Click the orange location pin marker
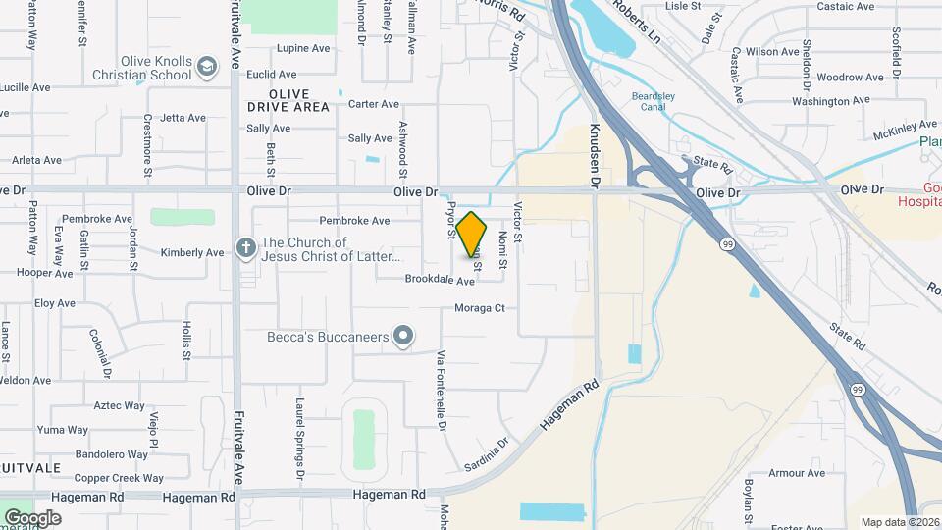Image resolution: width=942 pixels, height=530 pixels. click(x=472, y=234)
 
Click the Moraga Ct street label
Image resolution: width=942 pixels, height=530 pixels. click(x=479, y=308)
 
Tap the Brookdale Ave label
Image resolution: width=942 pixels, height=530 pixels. click(x=440, y=281)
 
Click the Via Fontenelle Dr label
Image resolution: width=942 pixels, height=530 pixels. click(x=442, y=390)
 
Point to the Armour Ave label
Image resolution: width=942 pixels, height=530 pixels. click(x=797, y=473)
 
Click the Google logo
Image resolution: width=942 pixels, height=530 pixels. click(x=32, y=517)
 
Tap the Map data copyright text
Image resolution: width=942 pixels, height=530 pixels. click(x=899, y=522)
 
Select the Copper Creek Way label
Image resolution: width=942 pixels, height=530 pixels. click(x=119, y=479)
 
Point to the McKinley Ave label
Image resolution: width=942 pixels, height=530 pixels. click(x=902, y=131)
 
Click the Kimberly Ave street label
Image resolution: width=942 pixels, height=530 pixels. click(x=192, y=253)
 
